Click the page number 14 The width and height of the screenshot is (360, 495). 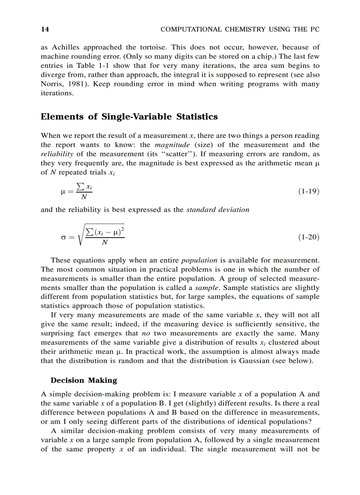[45, 30]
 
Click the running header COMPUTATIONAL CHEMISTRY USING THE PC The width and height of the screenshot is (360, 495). [240, 30]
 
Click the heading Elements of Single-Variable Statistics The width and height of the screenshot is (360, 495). [129, 117]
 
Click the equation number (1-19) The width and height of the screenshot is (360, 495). [308, 191]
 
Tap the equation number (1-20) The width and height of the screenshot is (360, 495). [308, 237]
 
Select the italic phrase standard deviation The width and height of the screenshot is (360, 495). [217, 210]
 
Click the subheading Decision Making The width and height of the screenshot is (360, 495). [84, 380]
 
